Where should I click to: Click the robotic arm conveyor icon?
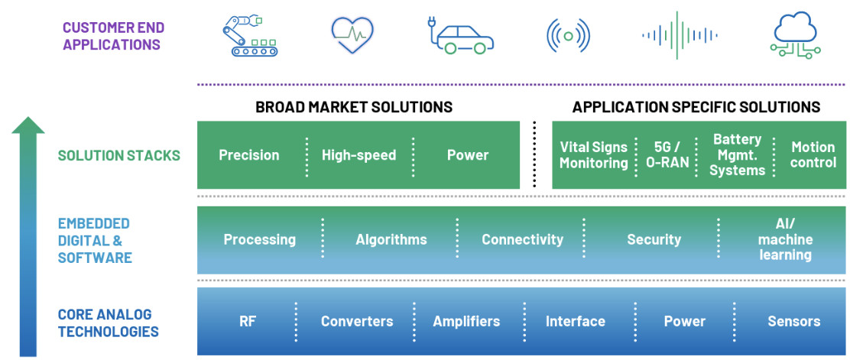pos(250,35)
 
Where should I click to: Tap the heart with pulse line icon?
pos(352,34)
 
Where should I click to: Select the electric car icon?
pos(460,36)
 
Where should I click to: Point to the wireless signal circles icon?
pos(568,36)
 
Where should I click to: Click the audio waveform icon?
pos(680,35)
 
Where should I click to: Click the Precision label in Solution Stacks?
pos(249,155)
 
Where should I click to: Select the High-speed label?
pos(358,155)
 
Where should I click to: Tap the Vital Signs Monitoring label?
pos(594,155)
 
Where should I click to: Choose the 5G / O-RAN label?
pos(667,155)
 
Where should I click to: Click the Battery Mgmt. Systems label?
pos(737,155)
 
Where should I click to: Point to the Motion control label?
pos(813,155)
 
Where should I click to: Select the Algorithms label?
pos(391,240)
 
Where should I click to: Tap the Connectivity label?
pos(523,240)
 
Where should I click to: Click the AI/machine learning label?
pos(786,240)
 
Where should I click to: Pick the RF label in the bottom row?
pos(247,321)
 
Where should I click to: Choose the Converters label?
pos(357,321)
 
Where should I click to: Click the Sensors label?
pos(794,321)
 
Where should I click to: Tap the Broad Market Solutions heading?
pos(354,107)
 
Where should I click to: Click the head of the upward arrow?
pos(28,125)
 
